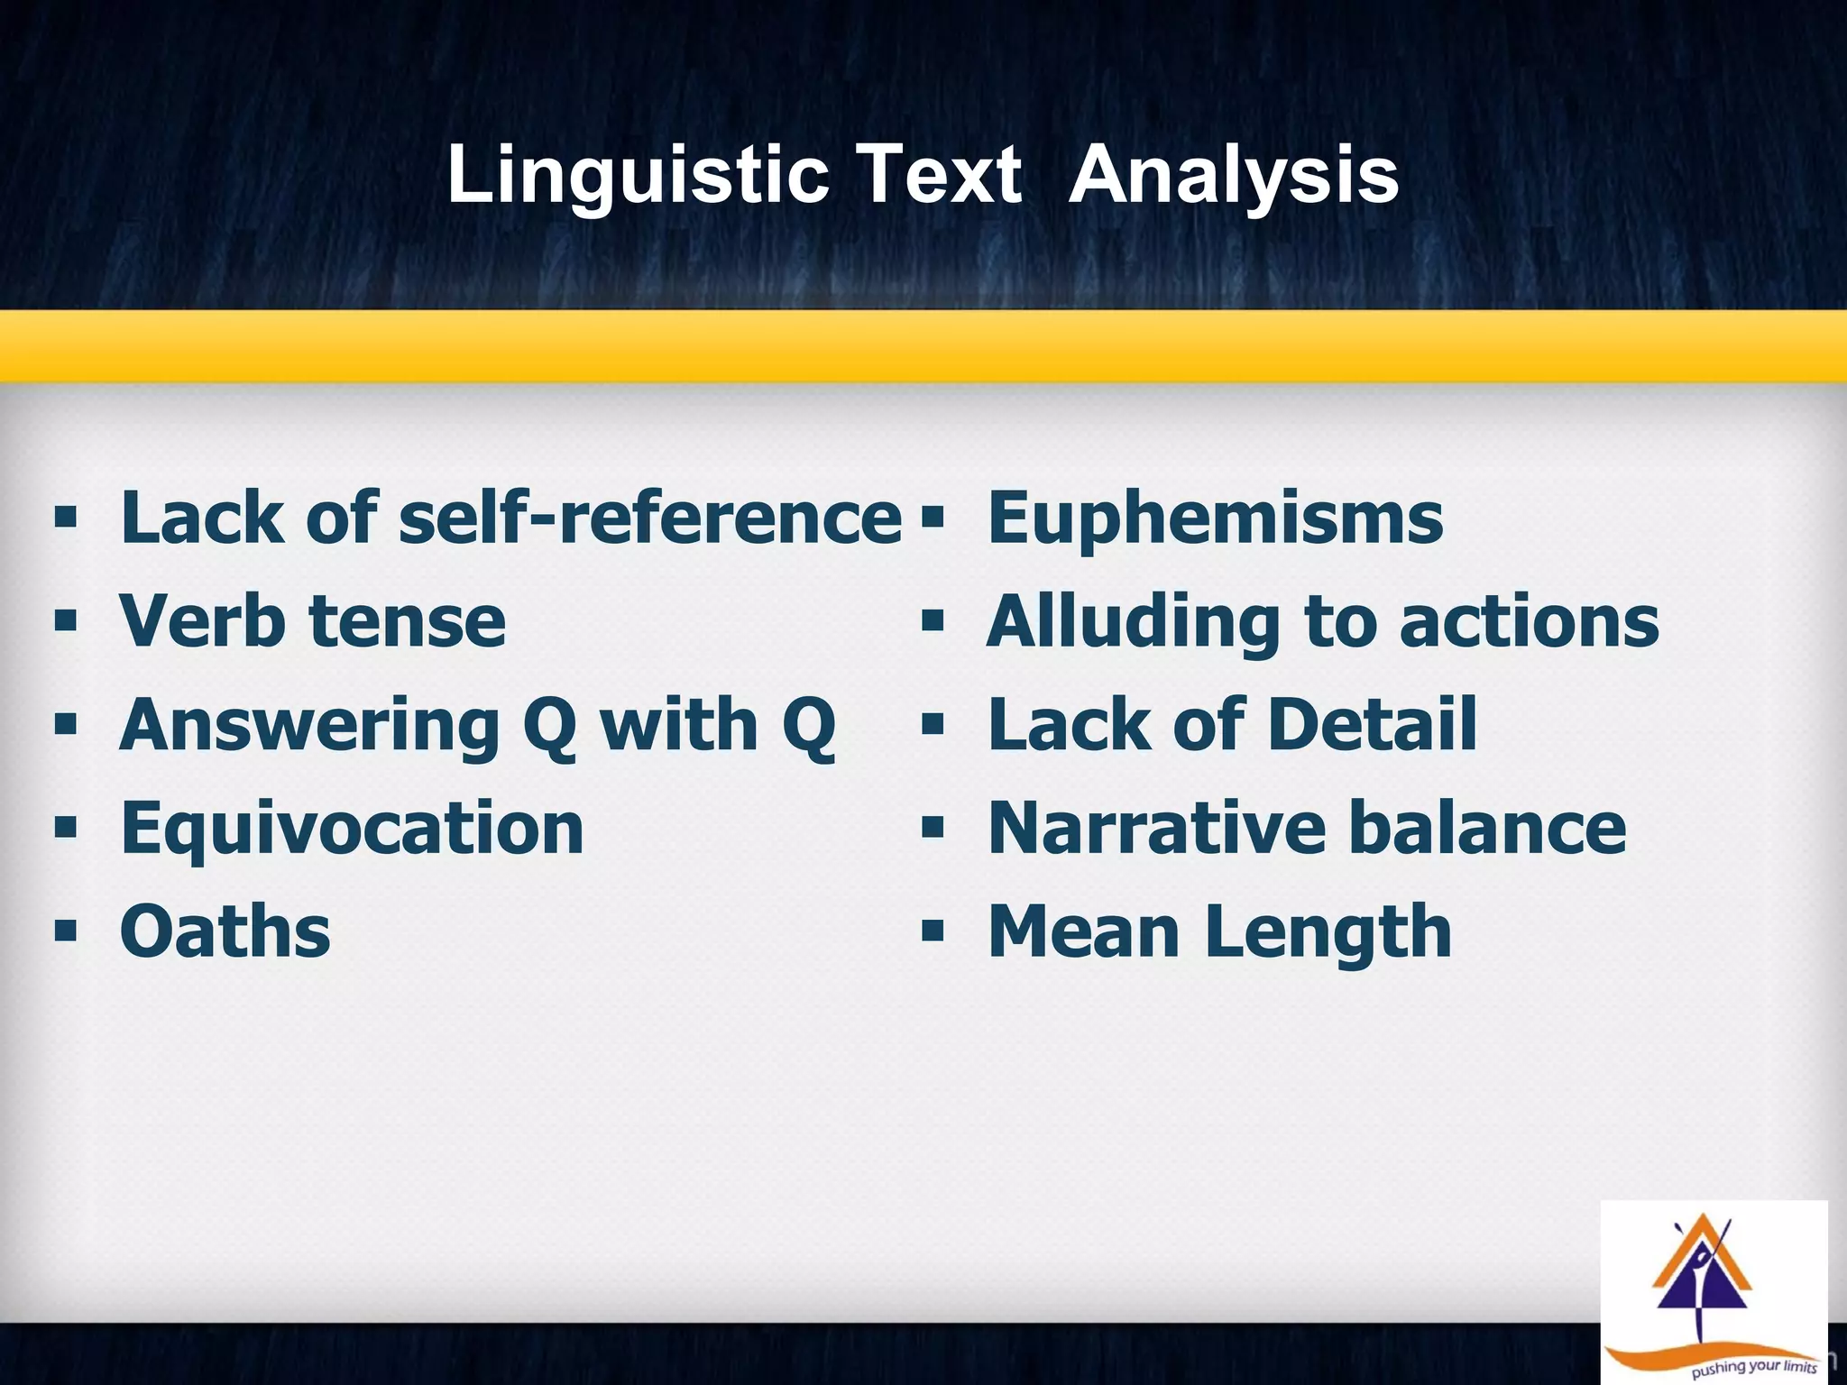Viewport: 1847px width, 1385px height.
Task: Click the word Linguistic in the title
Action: pos(638,175)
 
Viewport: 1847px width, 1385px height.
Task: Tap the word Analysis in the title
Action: pos(1233,175)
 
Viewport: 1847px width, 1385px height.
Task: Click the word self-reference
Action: pos(649,518)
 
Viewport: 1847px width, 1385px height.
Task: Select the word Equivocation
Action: pos(352,830)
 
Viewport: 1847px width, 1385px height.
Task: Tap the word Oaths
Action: pos(225,931)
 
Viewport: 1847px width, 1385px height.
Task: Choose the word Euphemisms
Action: pos(1215,519)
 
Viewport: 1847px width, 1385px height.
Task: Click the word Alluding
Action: pos(1133,622)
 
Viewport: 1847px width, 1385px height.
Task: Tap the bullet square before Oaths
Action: pos(65,930)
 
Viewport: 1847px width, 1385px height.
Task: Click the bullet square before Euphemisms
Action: pos(932,518)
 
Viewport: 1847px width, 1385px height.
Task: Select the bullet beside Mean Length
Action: pos(932,930)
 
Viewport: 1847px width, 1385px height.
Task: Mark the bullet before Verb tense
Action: pos(65,620)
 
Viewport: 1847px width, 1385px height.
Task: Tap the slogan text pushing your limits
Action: pos(1753,1369)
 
